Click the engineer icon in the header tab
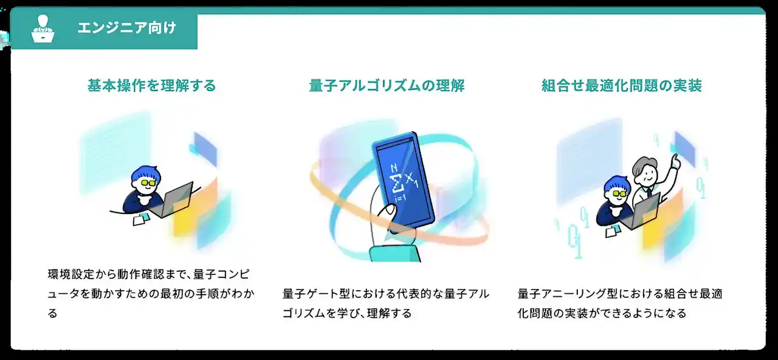[x=43, y=29]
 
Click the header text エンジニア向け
[x=127, y=28]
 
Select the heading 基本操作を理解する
[x=151, y=86]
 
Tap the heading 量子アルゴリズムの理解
[x=387, y=86]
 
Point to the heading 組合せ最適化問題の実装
[x=622, y=86]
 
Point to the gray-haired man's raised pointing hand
[x=675, y=162]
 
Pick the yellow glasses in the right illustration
[x=618, y=193]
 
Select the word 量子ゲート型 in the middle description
[x=315, y=294]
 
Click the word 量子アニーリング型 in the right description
[x=567, y=294]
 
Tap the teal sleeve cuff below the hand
[x=394, y=254]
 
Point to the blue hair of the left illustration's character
[x=145, y=173]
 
